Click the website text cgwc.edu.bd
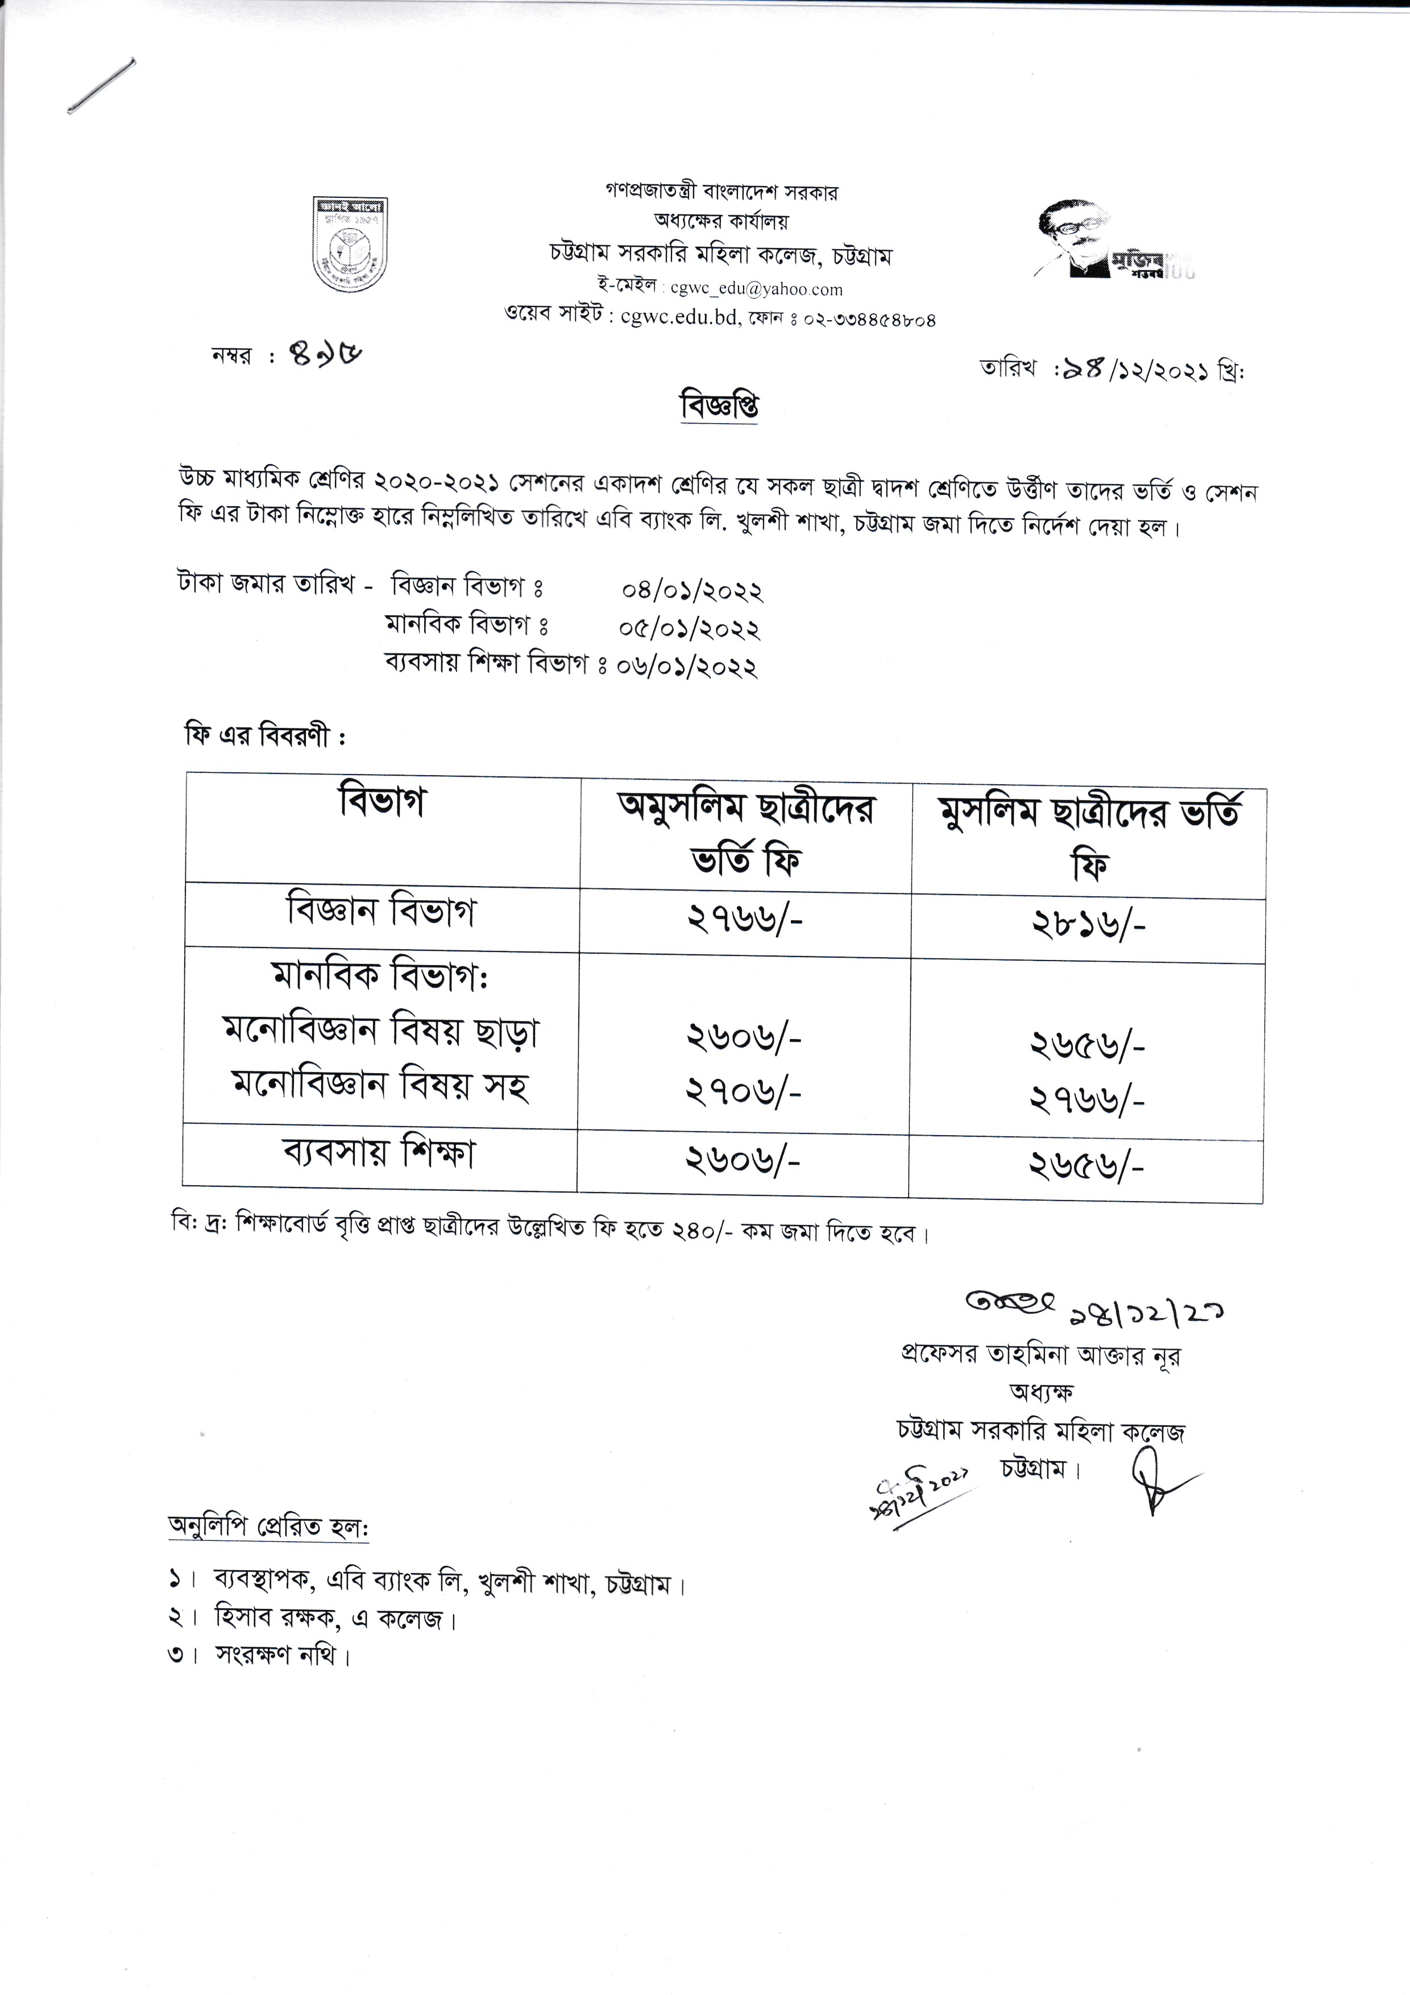(x=678, y=317)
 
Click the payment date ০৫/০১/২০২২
(x=690, y=628)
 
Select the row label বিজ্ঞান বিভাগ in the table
(x=381, y=912)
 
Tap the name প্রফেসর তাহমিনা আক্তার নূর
(x=1041, y=1355)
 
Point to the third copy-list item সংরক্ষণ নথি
(x=281, y=1655)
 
